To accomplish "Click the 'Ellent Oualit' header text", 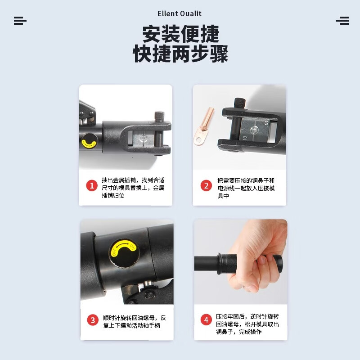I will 180,14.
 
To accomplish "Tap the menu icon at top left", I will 20,21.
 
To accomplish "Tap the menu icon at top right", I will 342,21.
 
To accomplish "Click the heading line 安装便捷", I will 180,34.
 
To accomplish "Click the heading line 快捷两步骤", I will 180,54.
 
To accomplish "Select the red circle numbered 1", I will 92,185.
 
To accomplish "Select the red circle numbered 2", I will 206,185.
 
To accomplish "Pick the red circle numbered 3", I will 93,320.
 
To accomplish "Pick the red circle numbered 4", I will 206,320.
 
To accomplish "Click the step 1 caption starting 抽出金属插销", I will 133,187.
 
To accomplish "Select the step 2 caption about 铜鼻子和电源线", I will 246,187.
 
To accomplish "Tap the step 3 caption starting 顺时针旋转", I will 134,321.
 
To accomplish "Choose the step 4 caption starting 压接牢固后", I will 247,324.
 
